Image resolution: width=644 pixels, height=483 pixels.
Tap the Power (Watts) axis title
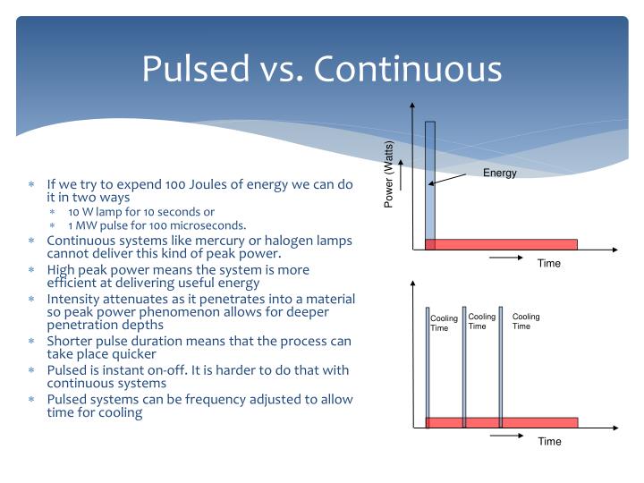[389, 174]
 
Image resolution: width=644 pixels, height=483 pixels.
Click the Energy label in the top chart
[500, 173]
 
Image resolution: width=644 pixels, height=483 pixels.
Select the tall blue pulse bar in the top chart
[430, 179]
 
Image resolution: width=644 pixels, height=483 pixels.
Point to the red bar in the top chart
[501, 244]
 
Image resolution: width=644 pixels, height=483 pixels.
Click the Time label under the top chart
[549, 263]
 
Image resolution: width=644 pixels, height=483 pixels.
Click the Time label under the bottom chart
[549, 442]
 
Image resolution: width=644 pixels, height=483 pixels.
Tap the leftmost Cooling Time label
[444, 323]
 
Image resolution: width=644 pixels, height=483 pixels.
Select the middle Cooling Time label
[481, 321]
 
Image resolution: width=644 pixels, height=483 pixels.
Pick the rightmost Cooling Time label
[526, 321]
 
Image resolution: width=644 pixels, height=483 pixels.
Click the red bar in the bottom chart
[501, 422]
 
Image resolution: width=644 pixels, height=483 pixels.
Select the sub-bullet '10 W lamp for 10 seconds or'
[141, 211]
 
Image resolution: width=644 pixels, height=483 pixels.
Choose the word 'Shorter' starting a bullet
[72, 341]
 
